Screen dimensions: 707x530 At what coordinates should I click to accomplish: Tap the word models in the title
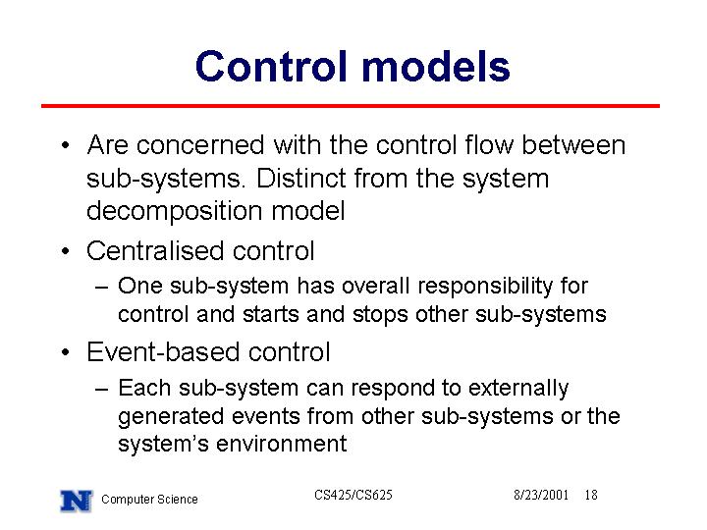point(436,67)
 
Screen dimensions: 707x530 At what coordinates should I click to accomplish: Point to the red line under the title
point(351,106)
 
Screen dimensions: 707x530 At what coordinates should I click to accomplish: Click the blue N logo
point(77,501)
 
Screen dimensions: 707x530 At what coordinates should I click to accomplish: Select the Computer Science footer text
point(149,500)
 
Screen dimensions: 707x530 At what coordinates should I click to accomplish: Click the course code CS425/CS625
point(353,495)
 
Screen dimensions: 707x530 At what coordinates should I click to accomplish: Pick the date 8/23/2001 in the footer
point(541,495)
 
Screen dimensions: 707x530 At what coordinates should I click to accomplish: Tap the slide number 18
point(591,495)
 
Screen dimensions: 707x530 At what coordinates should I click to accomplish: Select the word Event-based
point(163,351)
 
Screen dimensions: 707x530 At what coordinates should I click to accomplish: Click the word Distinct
point(301,178)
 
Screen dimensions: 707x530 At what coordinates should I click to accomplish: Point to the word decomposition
point(175,211)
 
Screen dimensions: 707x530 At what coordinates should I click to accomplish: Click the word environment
point(282,444)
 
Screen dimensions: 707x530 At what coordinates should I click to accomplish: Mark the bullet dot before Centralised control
point(66,250)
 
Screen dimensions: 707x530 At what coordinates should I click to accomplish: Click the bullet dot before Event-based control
point(66,352)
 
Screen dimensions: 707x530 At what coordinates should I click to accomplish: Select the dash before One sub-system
point(102,287)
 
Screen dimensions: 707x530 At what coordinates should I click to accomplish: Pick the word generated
point(171,417)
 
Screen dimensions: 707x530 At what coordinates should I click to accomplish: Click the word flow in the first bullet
point(489,145)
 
